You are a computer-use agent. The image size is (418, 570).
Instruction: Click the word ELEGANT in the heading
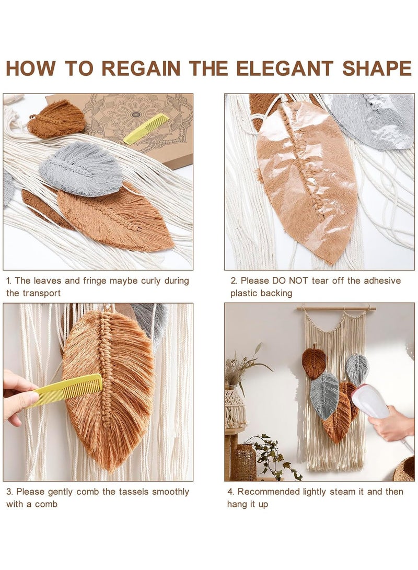(x=284, y=68)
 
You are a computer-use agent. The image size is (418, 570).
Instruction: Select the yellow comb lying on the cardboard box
(x=146, y=129)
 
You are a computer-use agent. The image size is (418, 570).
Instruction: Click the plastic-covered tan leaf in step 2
(x=306, y=178)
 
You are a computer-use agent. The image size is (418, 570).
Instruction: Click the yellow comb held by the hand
(x=68, y=390)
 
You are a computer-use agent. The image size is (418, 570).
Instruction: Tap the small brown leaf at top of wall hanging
(x=314, y=362)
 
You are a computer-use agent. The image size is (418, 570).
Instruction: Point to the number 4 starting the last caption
(x=230, y=492)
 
